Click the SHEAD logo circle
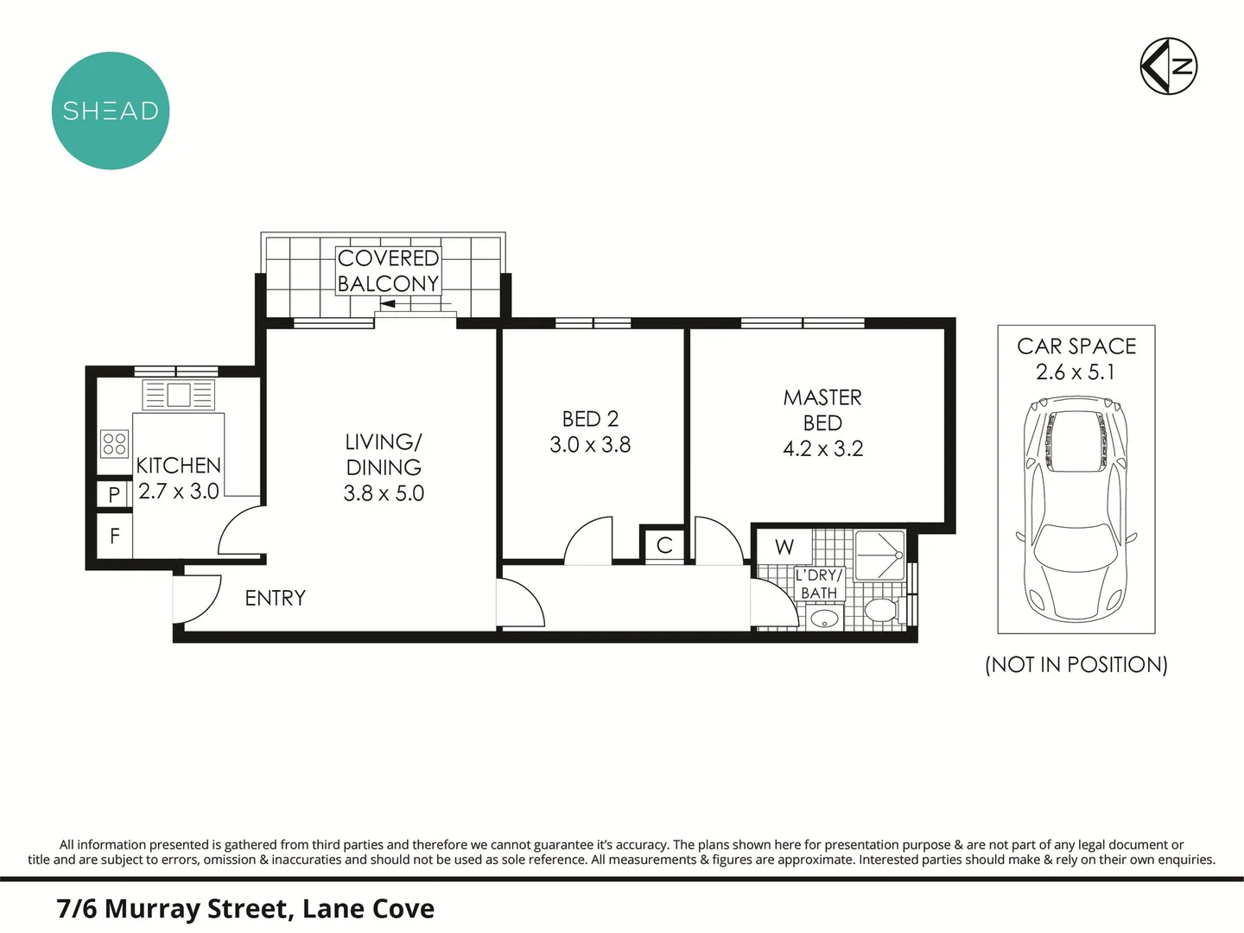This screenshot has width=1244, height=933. [111, 111]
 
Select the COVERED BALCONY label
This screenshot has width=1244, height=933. [388, 270]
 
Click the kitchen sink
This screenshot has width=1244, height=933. [178, 395]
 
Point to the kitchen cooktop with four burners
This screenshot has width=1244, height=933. [115, 443]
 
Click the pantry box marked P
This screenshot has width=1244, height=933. [114, 494]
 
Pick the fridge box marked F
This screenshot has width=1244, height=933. [115, 536]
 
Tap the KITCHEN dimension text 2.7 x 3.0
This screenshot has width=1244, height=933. [179, 492]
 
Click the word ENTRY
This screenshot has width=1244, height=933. [276, 598]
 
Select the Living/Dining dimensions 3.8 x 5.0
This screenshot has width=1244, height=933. [384, 493]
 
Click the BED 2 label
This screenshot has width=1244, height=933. [590, 419]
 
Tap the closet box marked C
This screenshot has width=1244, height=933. [664, 545]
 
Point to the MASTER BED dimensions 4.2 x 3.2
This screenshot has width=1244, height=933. [823, 448]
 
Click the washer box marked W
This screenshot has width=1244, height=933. [784, 547]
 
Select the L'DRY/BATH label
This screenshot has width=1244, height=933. [819, 584]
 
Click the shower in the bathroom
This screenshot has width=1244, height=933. [879, 555]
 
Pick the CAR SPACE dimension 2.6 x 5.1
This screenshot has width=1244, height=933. [1076, 372]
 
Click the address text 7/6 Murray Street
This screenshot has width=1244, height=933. [173, 909]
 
